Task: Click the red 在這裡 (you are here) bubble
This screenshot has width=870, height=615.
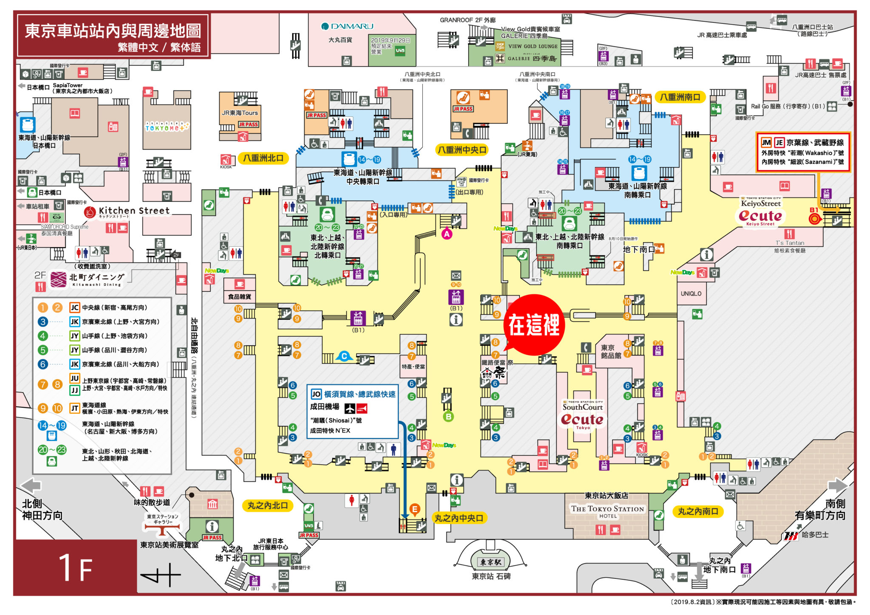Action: (x=534, y=325)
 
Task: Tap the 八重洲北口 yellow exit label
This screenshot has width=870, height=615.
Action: (x=263, y=158)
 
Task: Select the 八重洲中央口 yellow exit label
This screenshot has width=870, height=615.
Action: (x=462, y=150)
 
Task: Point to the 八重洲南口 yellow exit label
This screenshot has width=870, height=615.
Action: (x=680, y=97)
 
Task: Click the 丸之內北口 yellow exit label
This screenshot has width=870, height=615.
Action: (x=268, y=505)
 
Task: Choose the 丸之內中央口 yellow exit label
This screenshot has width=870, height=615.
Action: (x=459, y=518)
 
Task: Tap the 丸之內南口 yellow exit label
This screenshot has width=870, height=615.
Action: (x=698, y=511)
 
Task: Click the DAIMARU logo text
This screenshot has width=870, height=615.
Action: (x=347, y=26)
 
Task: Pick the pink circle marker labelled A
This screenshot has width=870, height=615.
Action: (x=447, y=234)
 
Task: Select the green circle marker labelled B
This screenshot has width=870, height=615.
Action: (x=448, y=417)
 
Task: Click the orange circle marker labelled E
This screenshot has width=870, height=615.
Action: (x=415, y=509)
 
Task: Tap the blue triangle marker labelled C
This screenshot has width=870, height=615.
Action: (x=344, y=356)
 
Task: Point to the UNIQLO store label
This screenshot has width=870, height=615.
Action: (x=691, y=294)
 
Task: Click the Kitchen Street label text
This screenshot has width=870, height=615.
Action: (x=134, y=211)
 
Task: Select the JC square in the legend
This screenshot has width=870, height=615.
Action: (x=75, y=307)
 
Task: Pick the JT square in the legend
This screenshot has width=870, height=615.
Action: (x=75, y=409)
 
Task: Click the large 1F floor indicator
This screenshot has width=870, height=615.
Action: (x=76, y=567)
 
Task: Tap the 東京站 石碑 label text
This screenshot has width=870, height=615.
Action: (x=491, y=576)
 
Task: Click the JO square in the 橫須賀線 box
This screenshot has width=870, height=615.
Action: (x=316, y=394)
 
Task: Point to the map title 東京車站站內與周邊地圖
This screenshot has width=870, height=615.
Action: (x=113, y=31)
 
